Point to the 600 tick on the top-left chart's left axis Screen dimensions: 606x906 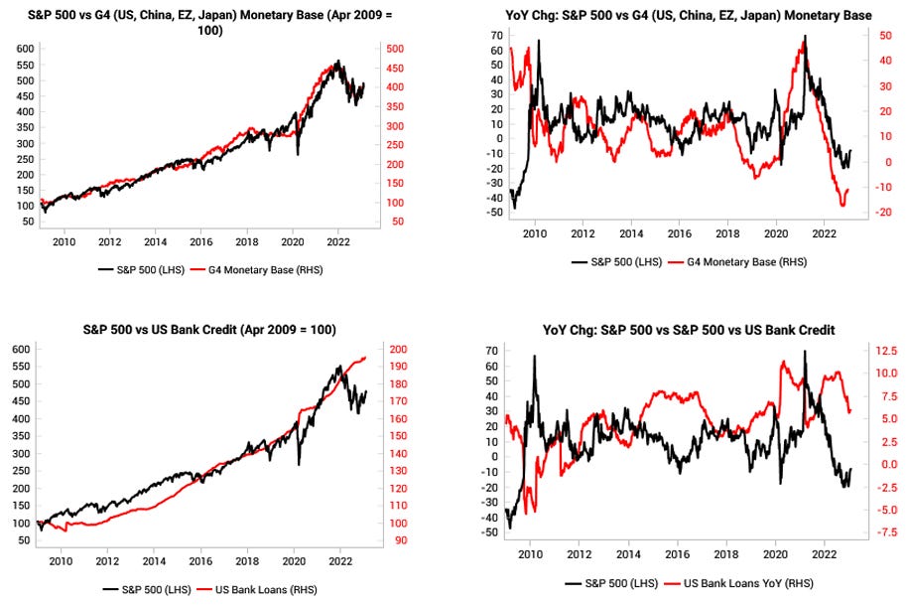coord(23,49)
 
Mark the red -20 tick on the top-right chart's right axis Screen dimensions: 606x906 coord(882,212)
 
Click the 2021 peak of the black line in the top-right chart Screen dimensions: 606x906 coord(805,37)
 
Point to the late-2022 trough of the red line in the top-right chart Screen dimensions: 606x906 coord(843,206)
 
